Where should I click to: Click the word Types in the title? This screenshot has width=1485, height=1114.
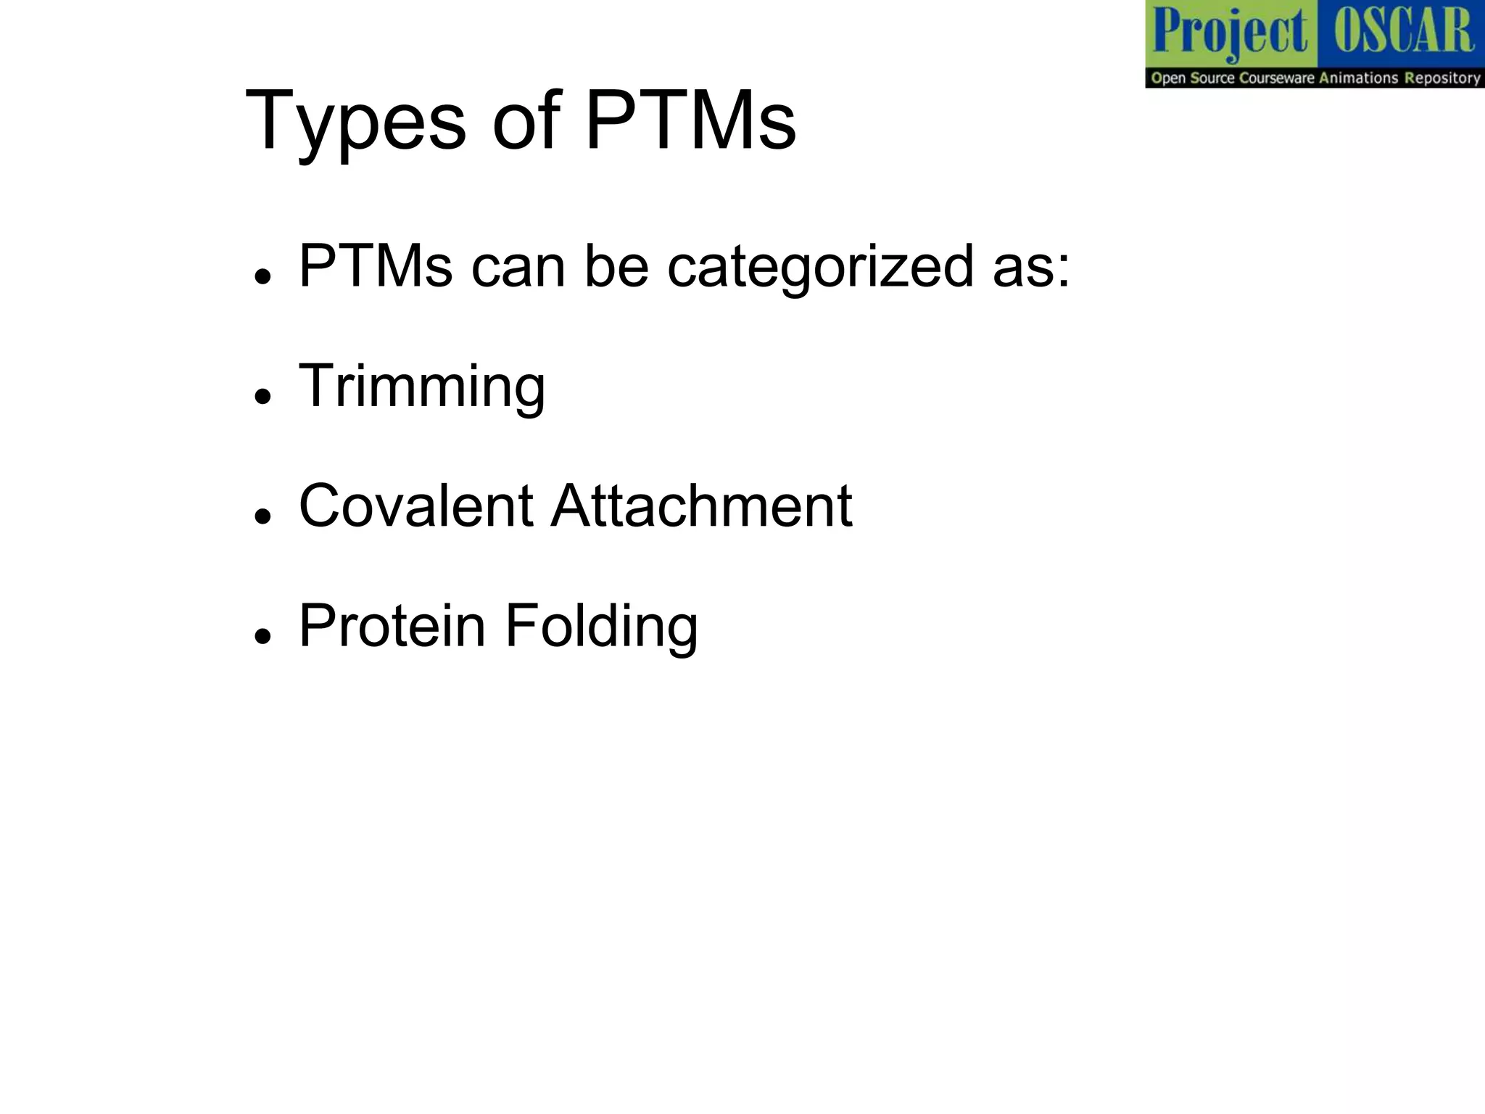click(355, 122)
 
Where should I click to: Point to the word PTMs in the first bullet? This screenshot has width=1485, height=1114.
click(376, 266)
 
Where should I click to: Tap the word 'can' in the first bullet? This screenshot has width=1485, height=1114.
click(518, 267)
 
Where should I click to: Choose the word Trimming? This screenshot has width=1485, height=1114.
click(422, 387)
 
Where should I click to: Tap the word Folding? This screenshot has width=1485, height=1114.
click(601, 627)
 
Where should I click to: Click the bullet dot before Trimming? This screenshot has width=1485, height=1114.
click(262, 396)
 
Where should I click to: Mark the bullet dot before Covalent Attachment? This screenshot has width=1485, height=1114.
click(262, 516)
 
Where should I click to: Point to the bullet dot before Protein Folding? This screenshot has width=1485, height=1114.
click(262, 635)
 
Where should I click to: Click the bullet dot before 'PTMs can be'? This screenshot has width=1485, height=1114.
click(262, 276)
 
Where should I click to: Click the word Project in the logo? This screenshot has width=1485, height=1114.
click(1230, 33)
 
